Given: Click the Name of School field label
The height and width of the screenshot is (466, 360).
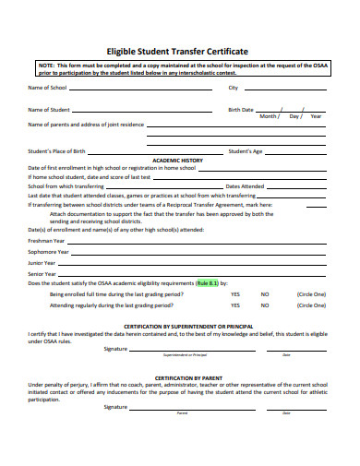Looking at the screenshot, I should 47,88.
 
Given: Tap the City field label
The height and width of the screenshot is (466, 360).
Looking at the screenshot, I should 233,88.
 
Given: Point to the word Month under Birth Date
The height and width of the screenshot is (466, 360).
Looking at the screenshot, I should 269,116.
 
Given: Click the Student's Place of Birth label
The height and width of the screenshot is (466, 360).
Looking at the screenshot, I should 57,150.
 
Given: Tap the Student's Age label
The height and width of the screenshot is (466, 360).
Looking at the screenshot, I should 246,150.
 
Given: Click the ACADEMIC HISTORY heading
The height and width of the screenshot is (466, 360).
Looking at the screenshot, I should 177,160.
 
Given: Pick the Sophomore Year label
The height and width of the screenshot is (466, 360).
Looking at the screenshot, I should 50,250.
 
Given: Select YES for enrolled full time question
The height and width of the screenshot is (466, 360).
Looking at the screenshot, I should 235,293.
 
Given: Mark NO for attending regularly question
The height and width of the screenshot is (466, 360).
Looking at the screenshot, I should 265,304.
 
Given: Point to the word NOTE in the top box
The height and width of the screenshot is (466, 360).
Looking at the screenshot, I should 46,66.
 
